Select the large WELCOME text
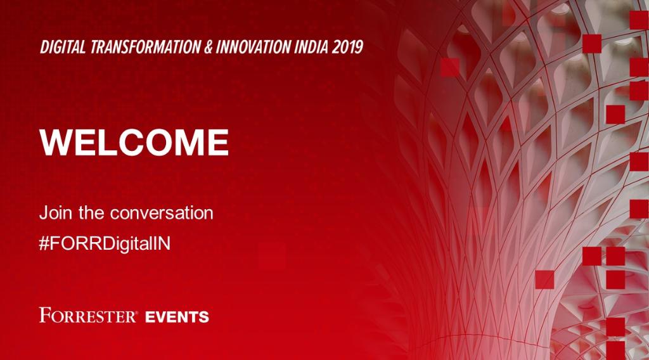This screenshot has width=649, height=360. [134, 143]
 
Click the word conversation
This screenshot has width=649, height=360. [162, 213]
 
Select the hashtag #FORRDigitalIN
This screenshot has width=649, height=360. [105, 244]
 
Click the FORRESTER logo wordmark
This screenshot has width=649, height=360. [87, 315]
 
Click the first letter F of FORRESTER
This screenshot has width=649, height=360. [44, 315]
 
